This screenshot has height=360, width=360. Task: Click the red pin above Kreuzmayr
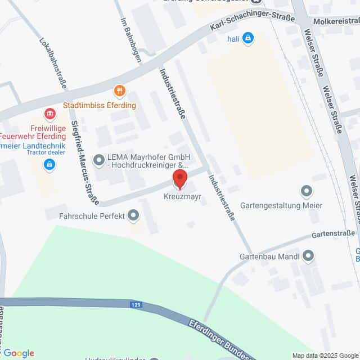[x=179, y=179]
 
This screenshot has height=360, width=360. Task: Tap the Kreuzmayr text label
[x=179, y=197]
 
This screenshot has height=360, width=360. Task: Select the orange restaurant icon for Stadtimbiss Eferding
[x=119, y=91]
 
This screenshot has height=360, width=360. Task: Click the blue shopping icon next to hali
[x=249, y=39]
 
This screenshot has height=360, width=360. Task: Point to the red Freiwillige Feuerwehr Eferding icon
[x=50, y=115]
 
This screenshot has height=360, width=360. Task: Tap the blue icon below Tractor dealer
[x=49, y=164]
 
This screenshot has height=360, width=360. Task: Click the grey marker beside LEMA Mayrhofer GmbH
[x=99, y=161]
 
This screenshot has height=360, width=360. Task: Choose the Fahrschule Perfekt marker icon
[x=133, y=215]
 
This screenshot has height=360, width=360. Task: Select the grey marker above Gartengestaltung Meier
[x=307, y=192]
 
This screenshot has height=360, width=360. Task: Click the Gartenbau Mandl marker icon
[x=308, y=256]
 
